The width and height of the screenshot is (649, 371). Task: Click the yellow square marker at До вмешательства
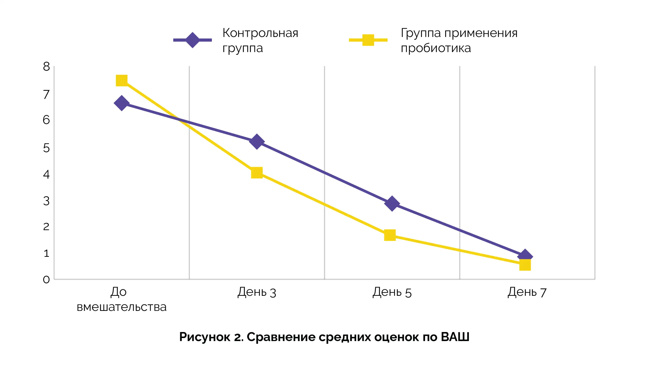point(121,80)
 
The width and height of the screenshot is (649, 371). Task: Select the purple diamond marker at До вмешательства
point(121,103)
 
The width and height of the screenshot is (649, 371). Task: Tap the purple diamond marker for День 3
point(257,141)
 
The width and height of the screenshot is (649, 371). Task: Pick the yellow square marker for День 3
point(257,173)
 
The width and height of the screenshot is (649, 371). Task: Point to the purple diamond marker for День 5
point(392,203)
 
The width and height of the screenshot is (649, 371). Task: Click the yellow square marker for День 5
point(390,235)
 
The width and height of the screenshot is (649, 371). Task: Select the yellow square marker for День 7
point(525,265)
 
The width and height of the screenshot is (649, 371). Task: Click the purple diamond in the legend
point(192,40)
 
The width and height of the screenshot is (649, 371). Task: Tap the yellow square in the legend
point(368,40)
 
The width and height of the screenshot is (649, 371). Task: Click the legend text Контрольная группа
point(260,40)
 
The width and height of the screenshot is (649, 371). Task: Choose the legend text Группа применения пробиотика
point(459,40)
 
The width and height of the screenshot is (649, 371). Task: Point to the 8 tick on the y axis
point(46,67)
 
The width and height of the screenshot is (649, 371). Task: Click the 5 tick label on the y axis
point(46,148)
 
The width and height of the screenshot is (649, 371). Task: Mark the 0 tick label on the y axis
point(46,280)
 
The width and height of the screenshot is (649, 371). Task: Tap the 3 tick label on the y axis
point(46,201)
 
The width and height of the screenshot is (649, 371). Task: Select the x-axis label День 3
point(257,292)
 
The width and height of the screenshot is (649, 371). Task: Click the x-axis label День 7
point(527,292)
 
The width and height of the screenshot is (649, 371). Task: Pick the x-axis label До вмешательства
point(121,299)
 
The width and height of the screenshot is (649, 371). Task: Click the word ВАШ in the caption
point(455,337)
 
